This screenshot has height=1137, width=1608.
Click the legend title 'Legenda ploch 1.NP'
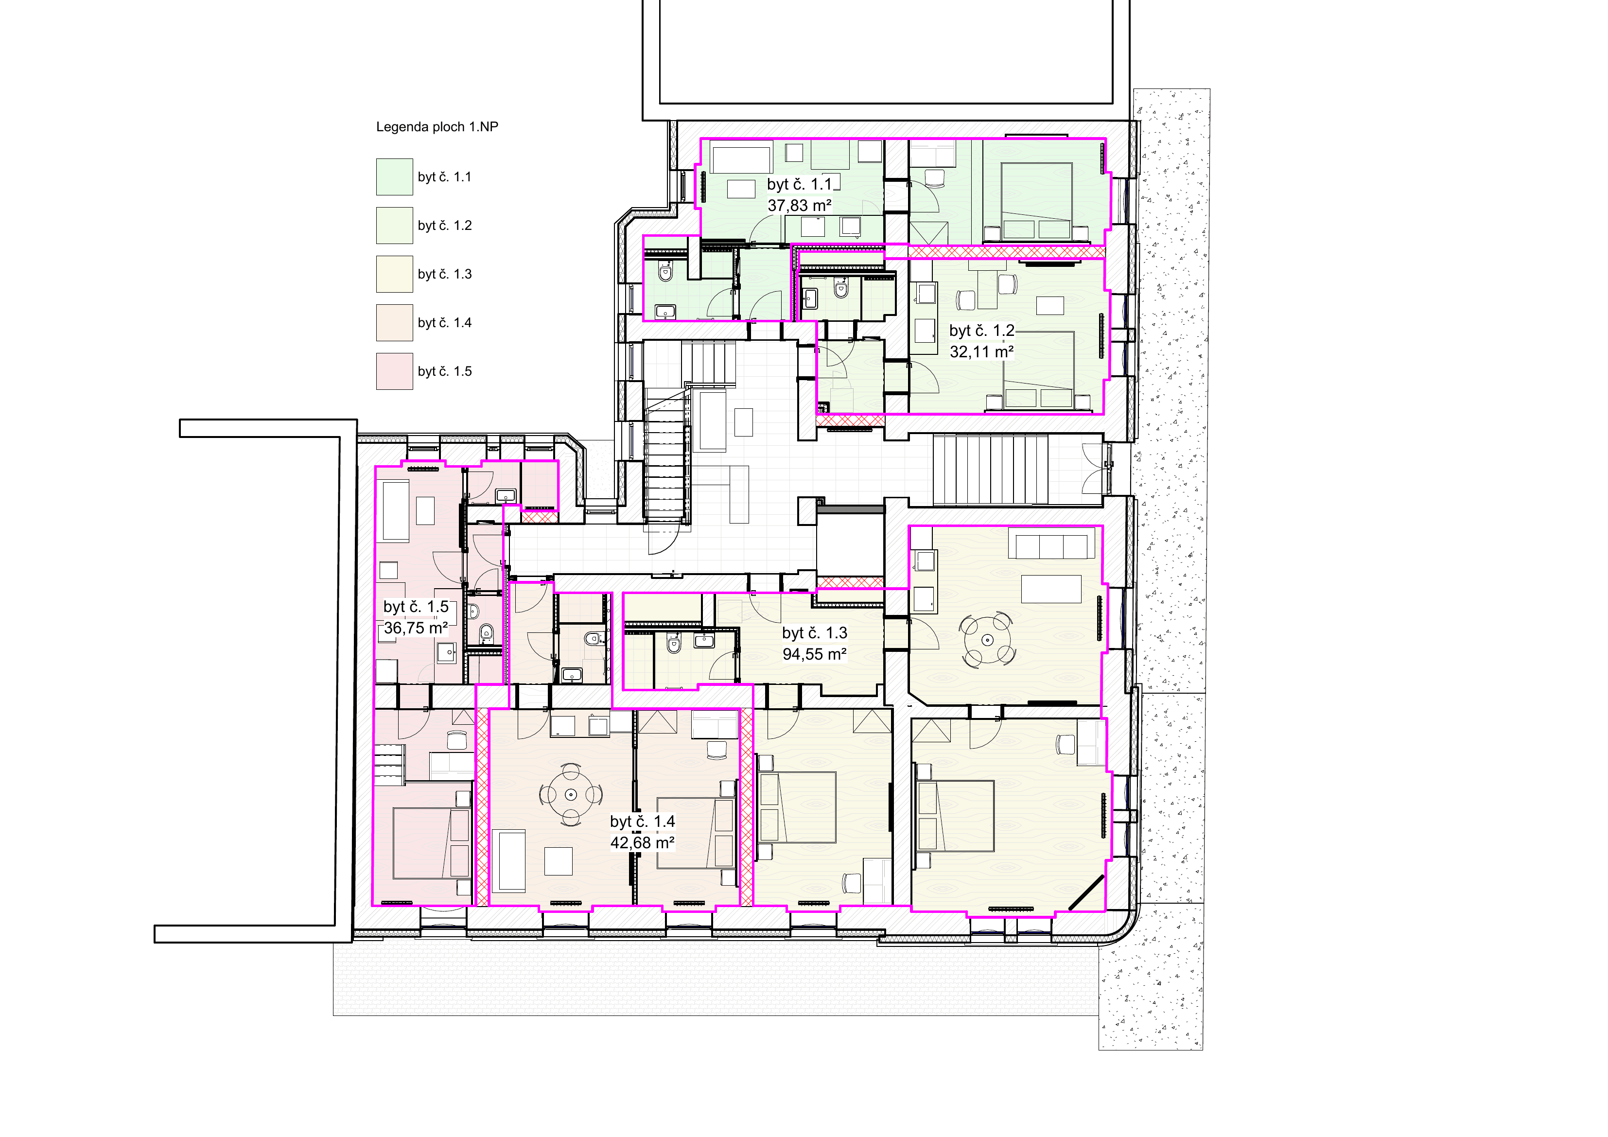437,127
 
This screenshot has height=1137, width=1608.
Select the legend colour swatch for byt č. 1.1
394,176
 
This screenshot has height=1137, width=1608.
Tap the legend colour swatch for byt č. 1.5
394,371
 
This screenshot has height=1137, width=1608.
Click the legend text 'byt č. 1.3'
445,274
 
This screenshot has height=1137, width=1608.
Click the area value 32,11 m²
982,351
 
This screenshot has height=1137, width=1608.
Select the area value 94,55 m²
815,654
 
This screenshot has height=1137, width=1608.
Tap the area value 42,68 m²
642,843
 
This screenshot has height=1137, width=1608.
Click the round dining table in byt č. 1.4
571,794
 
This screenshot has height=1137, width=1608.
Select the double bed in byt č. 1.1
1036,202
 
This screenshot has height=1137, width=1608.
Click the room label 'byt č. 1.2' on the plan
982,331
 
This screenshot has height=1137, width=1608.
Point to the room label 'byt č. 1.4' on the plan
642,822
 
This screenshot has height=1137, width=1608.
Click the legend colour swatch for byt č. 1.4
394,323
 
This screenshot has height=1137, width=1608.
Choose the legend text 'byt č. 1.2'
445,226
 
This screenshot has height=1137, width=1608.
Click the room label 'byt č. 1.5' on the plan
416,607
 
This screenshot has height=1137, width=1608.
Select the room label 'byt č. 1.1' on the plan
800,185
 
